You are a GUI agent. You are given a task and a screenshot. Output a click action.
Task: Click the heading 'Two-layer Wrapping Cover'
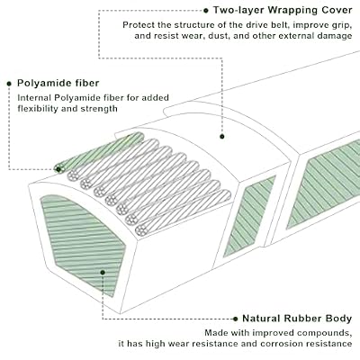point(283,10)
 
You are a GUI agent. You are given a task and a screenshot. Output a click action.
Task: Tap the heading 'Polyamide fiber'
point(58,83)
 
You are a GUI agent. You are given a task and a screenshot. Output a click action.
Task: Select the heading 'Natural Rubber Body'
point(297,319)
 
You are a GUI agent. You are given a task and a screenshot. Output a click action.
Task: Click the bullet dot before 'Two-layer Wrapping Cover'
point(206,11)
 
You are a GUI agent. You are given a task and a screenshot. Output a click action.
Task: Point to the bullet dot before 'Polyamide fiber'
point(9,84)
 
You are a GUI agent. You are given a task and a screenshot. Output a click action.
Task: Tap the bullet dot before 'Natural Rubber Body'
point(236,319)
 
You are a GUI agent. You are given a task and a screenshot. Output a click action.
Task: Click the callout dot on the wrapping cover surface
point(222,137)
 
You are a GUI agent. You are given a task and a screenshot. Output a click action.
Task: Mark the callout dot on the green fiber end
point(58,170)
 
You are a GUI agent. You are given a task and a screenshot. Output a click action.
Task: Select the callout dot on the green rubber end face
point(103,273)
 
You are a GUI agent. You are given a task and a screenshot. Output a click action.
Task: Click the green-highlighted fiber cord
point(99,152)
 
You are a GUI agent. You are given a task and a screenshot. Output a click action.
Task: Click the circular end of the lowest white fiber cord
point(141,230)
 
